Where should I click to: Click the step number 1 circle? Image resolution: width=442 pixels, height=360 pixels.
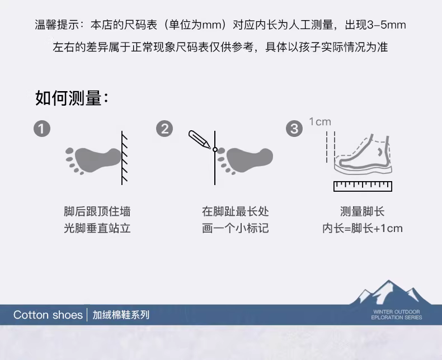[42, 129]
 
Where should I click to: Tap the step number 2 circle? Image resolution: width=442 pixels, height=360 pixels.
[164, 129]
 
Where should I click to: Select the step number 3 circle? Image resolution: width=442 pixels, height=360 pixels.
[294, 129]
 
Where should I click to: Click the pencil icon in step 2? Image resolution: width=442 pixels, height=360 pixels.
[199, 139]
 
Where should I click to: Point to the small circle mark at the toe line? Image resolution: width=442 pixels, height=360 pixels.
[215, 150]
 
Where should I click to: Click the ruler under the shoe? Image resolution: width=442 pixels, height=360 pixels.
[363, 186]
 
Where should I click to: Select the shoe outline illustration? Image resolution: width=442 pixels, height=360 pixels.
[363, 154]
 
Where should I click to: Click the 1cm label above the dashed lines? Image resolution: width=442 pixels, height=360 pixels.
[320, 122]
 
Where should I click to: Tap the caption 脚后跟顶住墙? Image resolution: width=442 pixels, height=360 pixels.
[97, 211]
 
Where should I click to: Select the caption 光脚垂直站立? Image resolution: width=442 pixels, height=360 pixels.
[97, 228]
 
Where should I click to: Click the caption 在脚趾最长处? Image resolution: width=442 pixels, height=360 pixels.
[236, 211]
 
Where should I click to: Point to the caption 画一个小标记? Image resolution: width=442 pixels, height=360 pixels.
[236, 228]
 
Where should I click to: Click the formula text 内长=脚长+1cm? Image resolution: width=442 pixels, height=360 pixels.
[363, 228]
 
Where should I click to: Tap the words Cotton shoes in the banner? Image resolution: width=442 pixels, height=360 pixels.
[48, 315]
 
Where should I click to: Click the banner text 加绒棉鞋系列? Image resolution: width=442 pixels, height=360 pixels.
[121, 315]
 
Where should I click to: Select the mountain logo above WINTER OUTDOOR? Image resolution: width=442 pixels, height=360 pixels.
[391, 292]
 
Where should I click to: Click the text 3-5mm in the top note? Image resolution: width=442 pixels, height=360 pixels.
[387, 25]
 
